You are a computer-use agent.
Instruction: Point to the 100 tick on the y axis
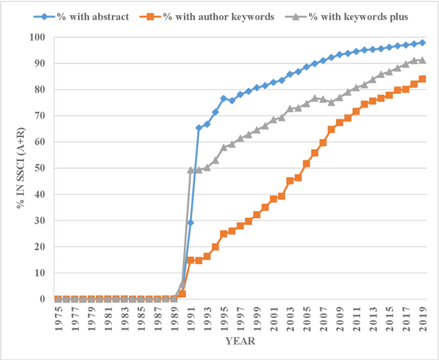point(43,37)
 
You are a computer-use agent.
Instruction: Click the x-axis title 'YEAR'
point(239,341)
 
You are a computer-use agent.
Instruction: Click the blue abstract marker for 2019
point(423,43)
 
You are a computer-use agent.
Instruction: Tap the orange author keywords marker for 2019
point(423,79)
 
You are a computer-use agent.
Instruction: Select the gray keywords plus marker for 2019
point(423,60)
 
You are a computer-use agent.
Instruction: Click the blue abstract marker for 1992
point(199,128)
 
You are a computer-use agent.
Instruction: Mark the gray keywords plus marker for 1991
point(191,169)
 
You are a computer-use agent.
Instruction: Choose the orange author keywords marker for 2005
point(307,163)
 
